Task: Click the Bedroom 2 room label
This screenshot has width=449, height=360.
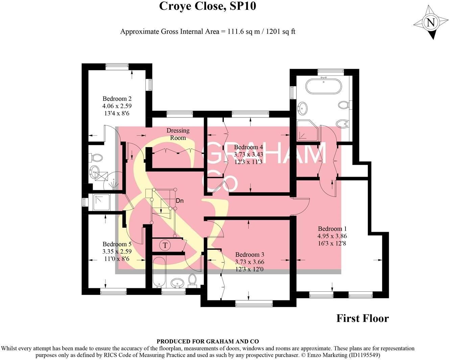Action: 117,99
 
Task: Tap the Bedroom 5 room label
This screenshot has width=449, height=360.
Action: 117,244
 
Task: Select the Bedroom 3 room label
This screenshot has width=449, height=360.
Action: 250,255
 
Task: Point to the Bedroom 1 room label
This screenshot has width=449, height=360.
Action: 332,229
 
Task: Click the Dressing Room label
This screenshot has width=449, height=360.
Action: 178,134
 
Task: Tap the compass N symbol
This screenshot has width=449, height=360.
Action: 430,23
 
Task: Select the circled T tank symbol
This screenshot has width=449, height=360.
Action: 165,245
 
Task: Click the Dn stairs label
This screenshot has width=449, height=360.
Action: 180,201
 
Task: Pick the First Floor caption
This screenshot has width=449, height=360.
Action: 362,318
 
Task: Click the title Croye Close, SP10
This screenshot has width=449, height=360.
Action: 208,6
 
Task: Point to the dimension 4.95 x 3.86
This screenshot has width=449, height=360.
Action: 332,236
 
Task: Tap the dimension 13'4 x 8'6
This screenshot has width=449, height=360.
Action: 117,113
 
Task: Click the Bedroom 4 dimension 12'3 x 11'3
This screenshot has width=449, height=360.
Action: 249,162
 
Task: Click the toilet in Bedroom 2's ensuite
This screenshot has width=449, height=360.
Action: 97,158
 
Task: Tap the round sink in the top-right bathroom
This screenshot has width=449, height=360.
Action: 302,109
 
